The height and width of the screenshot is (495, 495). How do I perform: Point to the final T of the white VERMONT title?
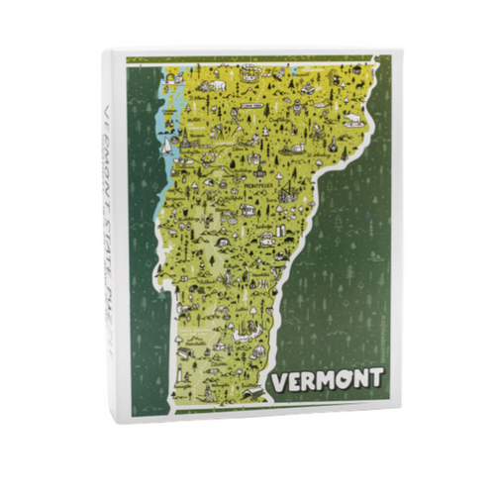(x=377, y=378)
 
